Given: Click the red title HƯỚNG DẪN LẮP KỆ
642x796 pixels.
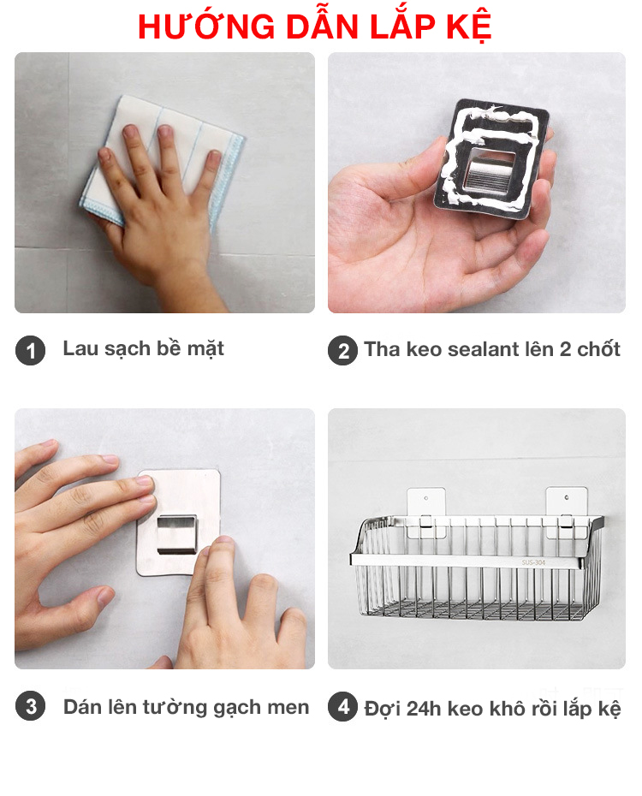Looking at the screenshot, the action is click(x=315, y=26).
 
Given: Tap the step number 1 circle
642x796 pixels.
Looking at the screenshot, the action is click(x=31, y=350).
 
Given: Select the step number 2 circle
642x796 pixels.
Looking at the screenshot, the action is click(x=343, y=351).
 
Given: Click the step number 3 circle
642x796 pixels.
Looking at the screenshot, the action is click(x=31, y=706).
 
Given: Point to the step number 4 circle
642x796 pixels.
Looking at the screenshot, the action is click(x=343, y=707).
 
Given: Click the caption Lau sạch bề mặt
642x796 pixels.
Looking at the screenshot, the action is click(x=143, y=349).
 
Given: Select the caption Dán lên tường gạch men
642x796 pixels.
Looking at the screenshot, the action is click(x=186, y=707).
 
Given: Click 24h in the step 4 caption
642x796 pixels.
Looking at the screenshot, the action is click(x=424, y=708).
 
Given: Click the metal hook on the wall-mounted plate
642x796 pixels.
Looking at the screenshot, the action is click(x=176, y=535).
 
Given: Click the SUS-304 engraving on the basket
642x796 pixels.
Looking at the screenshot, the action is click(x=533, y=562).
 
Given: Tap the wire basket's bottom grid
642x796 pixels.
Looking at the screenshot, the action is click(x=474, y=610).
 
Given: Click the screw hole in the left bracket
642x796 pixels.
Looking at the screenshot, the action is click(x=426, y=498).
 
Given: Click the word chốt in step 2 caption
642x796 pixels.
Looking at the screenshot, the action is click(x=598, y=349).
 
